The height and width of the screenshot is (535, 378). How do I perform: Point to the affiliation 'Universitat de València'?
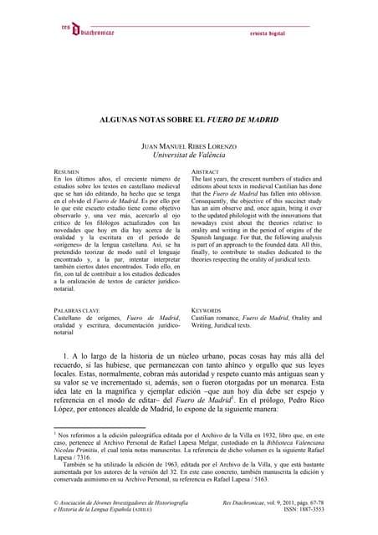pos(189,155)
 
